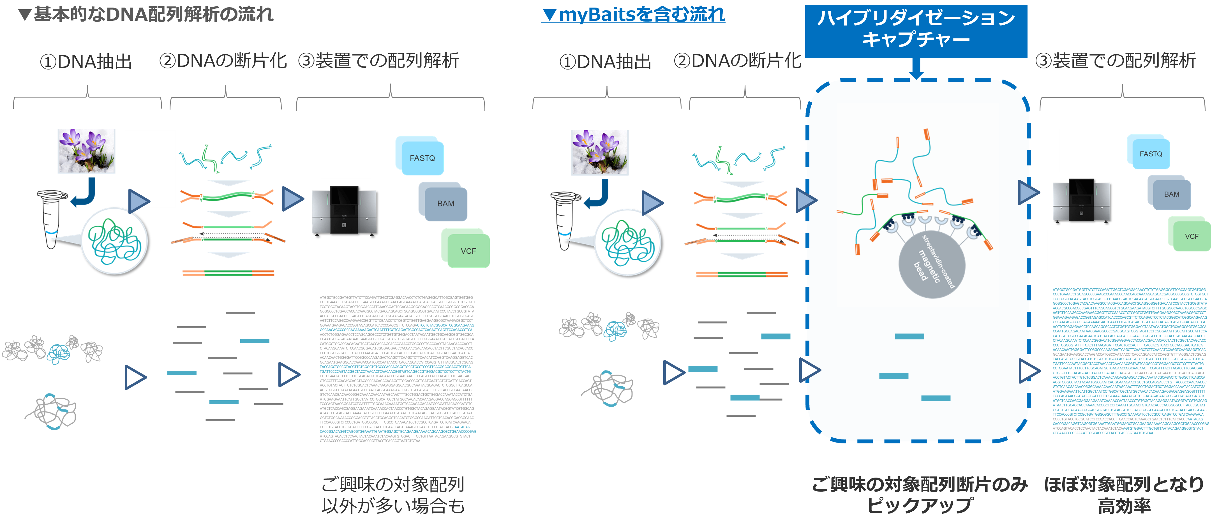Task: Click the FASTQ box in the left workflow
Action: (422, 158)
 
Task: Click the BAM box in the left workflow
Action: (445, 203)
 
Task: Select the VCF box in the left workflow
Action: (468, 251)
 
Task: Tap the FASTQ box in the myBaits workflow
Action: (1150, 154)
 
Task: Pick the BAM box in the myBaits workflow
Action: (1171, 194)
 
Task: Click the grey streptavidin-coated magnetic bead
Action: (931, 265)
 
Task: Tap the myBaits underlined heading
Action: (633, 15)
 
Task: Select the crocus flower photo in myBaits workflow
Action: (600, 152)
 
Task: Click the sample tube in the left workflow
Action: (50, 218)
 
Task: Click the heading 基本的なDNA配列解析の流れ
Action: (146, 15)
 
